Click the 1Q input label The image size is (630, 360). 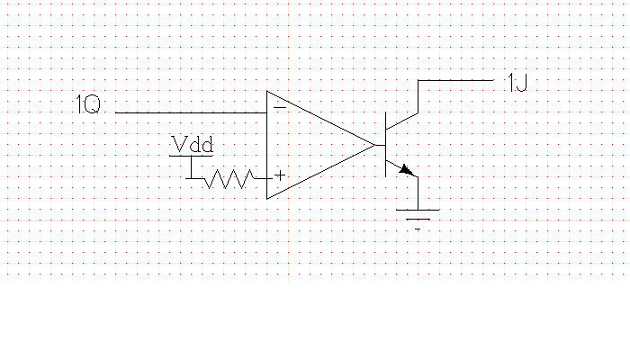click(88, 105)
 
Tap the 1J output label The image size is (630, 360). click(517, 85)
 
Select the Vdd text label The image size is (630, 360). click(192, 144)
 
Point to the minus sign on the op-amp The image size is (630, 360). click(280, 107)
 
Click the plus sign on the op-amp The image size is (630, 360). click(280, 175)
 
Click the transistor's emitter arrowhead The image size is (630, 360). click(408, 169)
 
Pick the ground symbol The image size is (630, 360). click(418, 217)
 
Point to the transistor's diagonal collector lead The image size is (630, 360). click(401, 121)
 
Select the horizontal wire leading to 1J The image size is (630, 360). click(455, 80)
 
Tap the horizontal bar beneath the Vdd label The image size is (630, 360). click(192, 157)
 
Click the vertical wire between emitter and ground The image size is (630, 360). click(418, 193)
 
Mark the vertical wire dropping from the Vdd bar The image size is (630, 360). click(192, 167)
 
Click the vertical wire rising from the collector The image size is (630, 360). click(418, 96)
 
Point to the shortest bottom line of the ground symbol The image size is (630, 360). click(418, 229)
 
